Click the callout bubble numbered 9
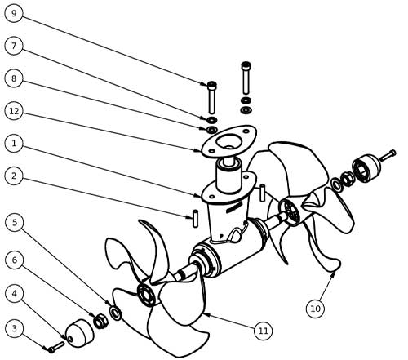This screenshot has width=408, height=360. coord(14,13)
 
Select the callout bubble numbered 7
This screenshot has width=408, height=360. coord(14,46)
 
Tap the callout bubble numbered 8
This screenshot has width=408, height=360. coord(14,78)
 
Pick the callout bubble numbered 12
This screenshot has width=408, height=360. coord(14,111)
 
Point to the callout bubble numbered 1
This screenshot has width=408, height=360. coord(14,143)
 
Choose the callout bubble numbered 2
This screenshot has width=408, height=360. coord(14,176)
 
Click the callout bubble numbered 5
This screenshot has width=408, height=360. coord(15,222)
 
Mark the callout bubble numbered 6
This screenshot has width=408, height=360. coord(15,260)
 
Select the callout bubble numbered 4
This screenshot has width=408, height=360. coord(15,293)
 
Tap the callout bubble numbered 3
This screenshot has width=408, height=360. coord(15,328)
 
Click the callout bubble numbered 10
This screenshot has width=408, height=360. coord(316,309)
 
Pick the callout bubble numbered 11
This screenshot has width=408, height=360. coord(263,331)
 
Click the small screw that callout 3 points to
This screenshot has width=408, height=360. coord(56,347)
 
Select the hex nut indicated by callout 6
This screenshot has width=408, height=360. coord(100,321)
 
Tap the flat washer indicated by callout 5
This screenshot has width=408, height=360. coord(116,313)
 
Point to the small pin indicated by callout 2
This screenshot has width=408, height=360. coord(195,219)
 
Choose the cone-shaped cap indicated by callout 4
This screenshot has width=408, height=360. coord(79,333)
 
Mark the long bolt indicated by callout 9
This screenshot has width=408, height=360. coord(212,97)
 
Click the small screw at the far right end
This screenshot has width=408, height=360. coord(388,155)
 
